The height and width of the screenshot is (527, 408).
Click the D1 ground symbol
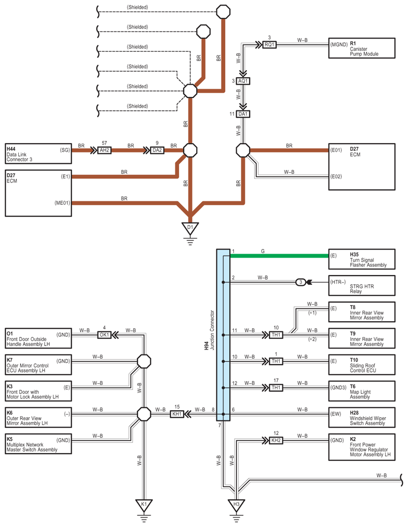click(190, 228)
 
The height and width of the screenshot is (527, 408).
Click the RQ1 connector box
click(269, 44)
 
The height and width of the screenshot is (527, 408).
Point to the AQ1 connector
click(243, 81)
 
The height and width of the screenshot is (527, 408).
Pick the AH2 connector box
click(104, 150)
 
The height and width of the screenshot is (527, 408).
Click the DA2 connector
click(157, 150)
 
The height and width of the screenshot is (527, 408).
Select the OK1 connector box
click(104, 335)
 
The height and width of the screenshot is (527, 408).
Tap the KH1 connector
click(177, 414)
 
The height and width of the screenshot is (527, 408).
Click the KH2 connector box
click(276, 440)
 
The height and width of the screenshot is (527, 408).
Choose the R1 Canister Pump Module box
click(362, 48)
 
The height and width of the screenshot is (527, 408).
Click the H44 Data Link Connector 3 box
click(38, 154)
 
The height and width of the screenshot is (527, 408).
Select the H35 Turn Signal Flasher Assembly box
click(362, 259)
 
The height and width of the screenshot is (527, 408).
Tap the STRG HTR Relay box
click(362, 286)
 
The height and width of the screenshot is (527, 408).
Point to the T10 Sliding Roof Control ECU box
click(362, 365)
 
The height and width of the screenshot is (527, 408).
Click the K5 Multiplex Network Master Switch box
click(38, 444)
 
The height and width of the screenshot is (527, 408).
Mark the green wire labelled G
click(279, 256)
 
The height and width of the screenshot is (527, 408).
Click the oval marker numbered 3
click(301, 282)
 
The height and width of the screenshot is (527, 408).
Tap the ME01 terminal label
click(62, 203)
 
